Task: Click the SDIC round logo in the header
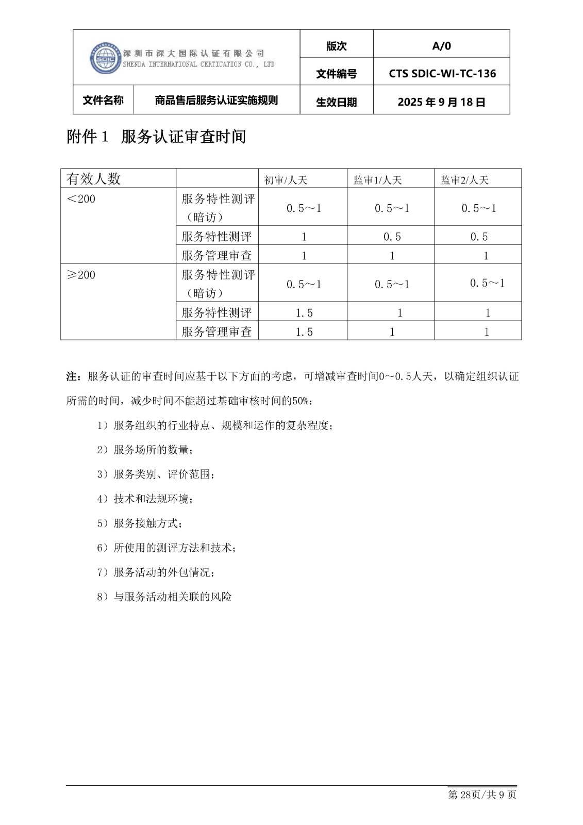[x=105, y=58]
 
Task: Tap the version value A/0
[x=441, y=46]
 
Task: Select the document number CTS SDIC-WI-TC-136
[x=442, y=74]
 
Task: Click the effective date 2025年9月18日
[x=441, y=102]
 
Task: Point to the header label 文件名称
[x=103, y=100]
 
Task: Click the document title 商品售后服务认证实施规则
[x=216, y=100]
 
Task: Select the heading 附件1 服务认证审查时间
[x=156, y=137]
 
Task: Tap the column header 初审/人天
[x=286, y=180]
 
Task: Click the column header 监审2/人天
[x=464, y=180]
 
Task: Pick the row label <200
[x=81, y=199]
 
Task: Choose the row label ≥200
[x=81, y=275]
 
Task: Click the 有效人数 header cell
[x=93, y=179]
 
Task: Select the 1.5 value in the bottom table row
[x=304, y=332]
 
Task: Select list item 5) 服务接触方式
[x=139, y=523]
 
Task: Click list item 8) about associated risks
[x=164, y=597]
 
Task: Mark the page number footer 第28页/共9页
[x=482, y=795]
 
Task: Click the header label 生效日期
[x=336, y=102]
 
